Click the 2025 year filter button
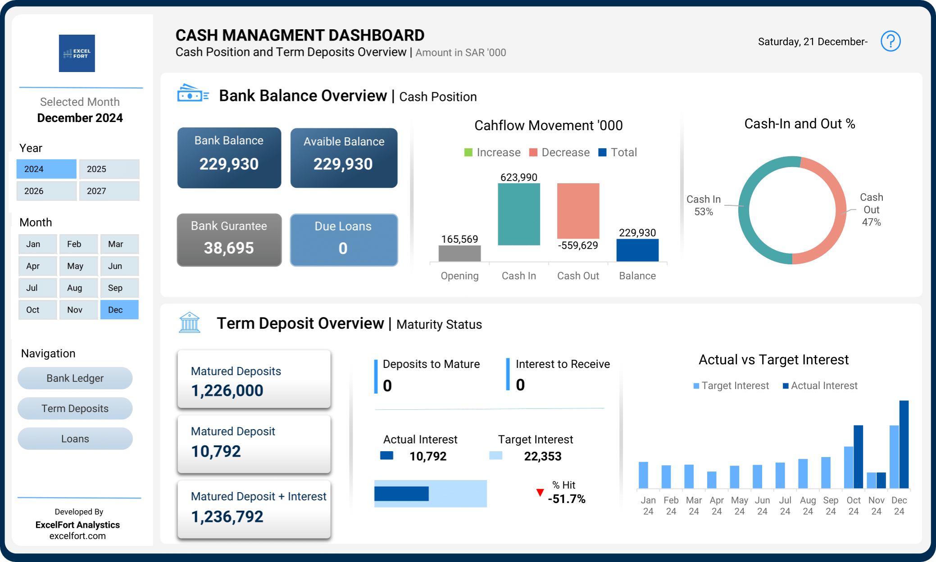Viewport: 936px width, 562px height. (x=109, y=169)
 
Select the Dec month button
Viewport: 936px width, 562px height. (x=119, y=310)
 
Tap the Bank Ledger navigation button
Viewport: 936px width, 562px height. (x=75, y=378)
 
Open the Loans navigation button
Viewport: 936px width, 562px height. (x=75, y=439)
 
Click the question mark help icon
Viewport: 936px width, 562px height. (x=890, y=41)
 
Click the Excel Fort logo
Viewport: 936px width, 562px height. (x=77, y=53)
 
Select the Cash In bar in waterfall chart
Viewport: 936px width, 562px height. (x=518, y=214)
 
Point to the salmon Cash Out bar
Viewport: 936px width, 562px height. (x=578, y=211)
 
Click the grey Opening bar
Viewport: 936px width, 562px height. (x=459, y=253)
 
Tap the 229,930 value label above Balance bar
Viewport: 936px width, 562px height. (x=637, y=233)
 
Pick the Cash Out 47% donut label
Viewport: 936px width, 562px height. (x=871, y=209)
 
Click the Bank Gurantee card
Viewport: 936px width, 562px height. (x=229, y=240)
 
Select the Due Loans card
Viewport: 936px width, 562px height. (x=343, y=240)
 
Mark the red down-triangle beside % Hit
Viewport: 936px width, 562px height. (x=540, y=493)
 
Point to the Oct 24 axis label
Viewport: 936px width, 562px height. (x=853, y=505)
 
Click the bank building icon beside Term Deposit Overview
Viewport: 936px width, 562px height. (x=189, y=322)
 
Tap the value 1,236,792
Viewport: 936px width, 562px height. (x=227, y=517)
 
